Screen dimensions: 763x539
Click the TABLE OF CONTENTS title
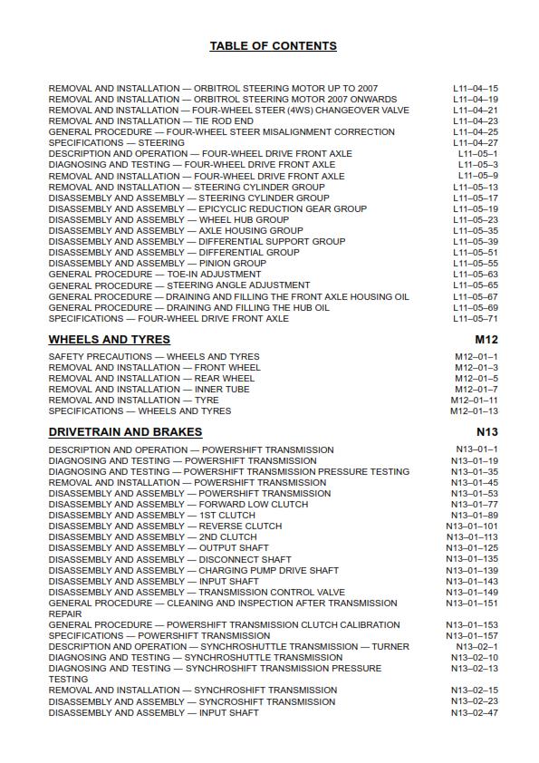273,46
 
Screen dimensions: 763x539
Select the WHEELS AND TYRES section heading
109,340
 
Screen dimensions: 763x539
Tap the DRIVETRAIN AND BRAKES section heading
125,432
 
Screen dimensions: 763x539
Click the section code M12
486,340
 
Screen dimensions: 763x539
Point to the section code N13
486,432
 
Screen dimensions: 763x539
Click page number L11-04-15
476,89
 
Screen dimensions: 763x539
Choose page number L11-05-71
476,319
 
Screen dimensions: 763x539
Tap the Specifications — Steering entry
116,143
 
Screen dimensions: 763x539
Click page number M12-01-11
474,401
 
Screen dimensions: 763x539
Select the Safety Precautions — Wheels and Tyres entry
153,357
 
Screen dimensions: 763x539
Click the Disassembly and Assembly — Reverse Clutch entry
165,526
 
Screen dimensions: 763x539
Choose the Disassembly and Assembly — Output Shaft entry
159,548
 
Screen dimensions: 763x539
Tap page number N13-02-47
474,713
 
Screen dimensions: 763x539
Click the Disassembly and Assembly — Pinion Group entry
157,264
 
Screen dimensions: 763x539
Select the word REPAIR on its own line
65,614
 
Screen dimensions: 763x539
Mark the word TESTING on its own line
68,680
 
